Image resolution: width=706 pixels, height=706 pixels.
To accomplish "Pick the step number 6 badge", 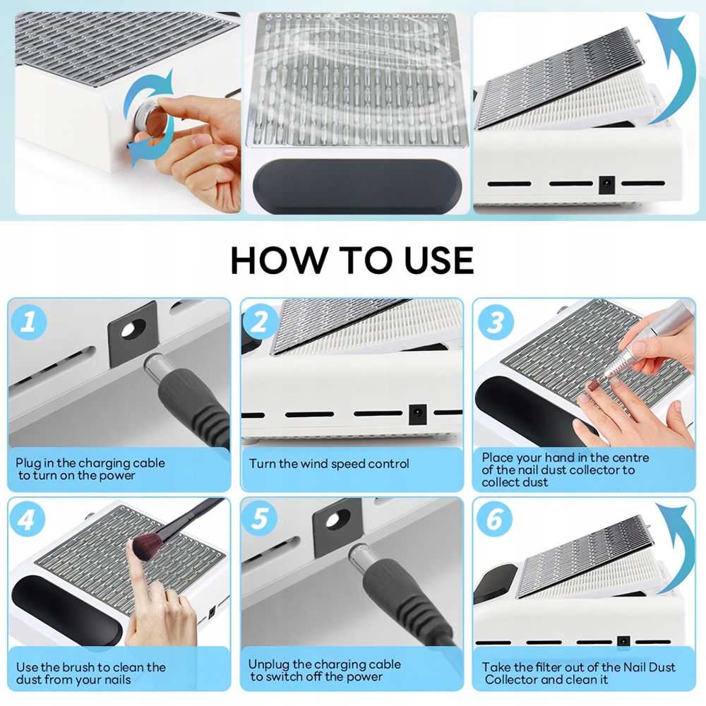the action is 494,519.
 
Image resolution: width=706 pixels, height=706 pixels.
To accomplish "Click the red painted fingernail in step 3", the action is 593,385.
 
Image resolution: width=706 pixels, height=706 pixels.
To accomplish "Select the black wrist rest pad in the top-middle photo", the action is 357,186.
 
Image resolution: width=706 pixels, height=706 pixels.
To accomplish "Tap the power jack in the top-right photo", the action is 606,184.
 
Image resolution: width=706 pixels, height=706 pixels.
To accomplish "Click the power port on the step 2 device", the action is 417,414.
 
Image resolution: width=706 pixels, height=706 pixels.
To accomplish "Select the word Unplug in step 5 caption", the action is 269,665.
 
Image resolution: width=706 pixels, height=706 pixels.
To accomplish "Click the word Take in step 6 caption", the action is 496,667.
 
